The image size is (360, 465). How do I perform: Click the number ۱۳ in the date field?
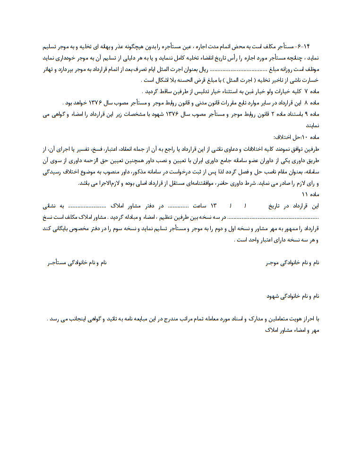[213, 206]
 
